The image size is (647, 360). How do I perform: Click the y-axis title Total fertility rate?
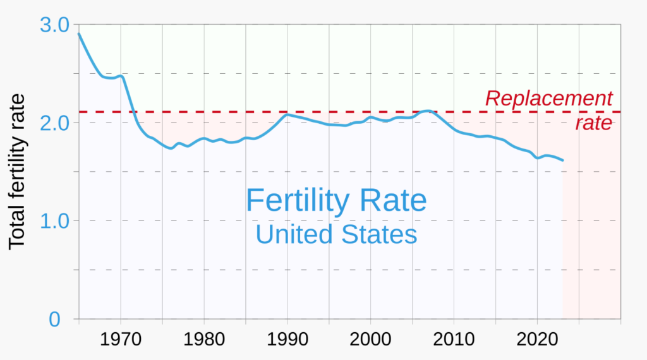(x=17, y=172)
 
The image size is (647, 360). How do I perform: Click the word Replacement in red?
(x=548, y=99)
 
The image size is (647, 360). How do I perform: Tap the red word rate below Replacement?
(x=593, y=123)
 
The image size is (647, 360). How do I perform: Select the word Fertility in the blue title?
(x=297, y=201)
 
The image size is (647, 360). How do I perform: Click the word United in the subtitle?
(x=294, y=235)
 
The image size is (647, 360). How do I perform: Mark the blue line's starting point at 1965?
(x=79, y=33)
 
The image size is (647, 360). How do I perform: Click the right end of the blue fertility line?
(x=562, y=160)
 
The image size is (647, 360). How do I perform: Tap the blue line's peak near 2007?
(x=428, y=111)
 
